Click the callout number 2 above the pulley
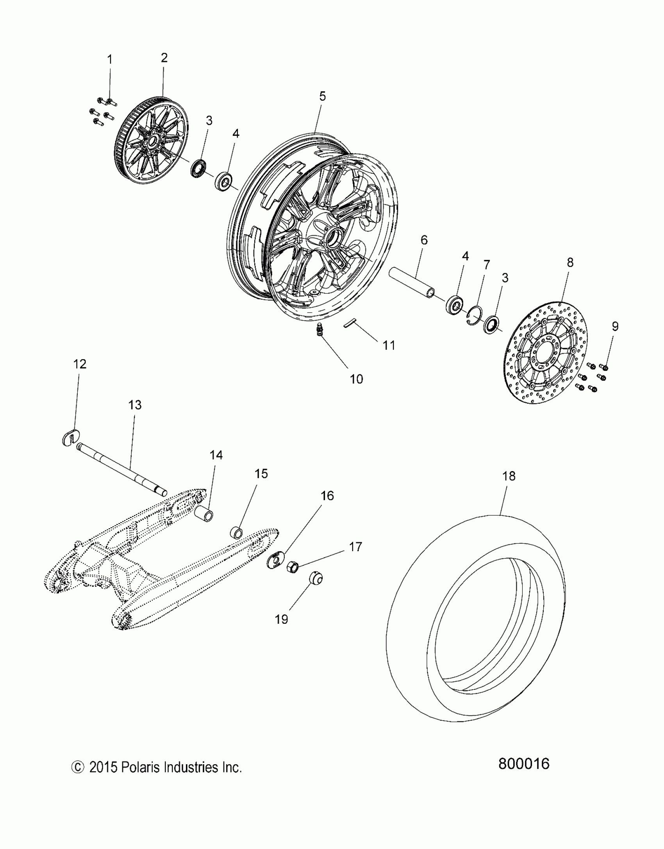pos(164,58)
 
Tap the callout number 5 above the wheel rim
pos(322,96)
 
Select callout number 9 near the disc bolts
pos(615,326)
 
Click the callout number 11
pos(389,345)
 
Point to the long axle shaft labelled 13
pos(121,468)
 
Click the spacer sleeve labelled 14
pos(205,512)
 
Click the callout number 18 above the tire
pos(509,476)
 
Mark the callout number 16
pos(327,495)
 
